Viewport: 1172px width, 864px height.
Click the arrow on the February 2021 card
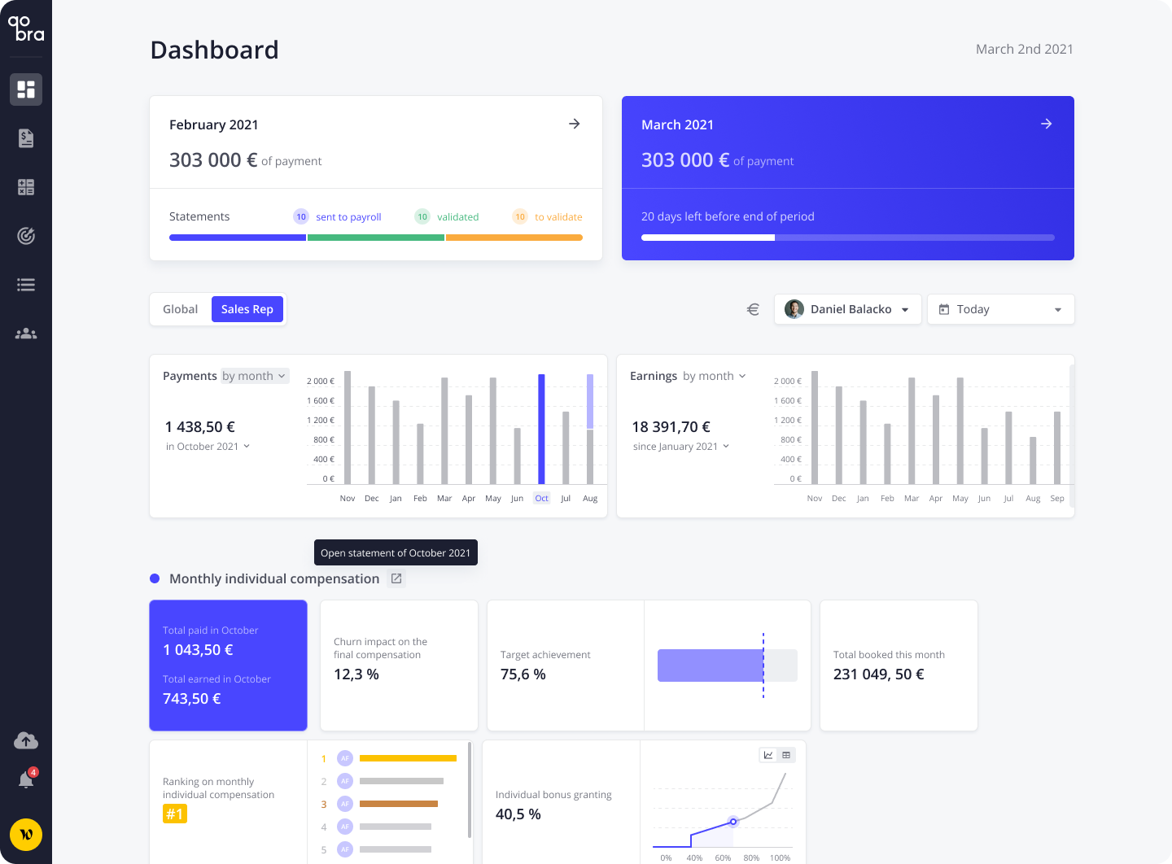tap(574, 124)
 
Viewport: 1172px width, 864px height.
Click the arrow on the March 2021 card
tap(1046, 124)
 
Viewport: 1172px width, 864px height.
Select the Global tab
tap(180, 309)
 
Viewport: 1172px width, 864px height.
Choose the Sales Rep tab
tap(247, 309)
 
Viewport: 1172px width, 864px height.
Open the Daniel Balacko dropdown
tap(847, 309)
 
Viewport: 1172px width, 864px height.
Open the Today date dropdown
tap(1000, 309)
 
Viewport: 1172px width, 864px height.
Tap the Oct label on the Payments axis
tap(541, 498)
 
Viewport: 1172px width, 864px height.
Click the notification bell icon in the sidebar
tap(26, 780)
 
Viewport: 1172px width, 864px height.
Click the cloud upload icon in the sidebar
tap(26, 740)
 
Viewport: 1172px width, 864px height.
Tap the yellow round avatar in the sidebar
tap(26, 835)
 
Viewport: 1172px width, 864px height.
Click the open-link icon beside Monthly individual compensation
tap(396, 578)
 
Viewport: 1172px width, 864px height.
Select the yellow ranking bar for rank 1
tap(408, 758)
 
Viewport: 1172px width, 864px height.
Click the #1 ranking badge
tap(175, 814)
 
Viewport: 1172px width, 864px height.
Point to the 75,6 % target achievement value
tap(523, 674)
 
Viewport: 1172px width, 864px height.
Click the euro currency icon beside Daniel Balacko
tap(753, 309)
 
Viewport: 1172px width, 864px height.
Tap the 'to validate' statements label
tap(558, 217)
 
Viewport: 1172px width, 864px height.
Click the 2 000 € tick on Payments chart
tap(321, 381)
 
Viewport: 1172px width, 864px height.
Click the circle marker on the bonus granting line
tap(733, 822)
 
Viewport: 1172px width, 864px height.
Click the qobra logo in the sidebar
tap(26, 28)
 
